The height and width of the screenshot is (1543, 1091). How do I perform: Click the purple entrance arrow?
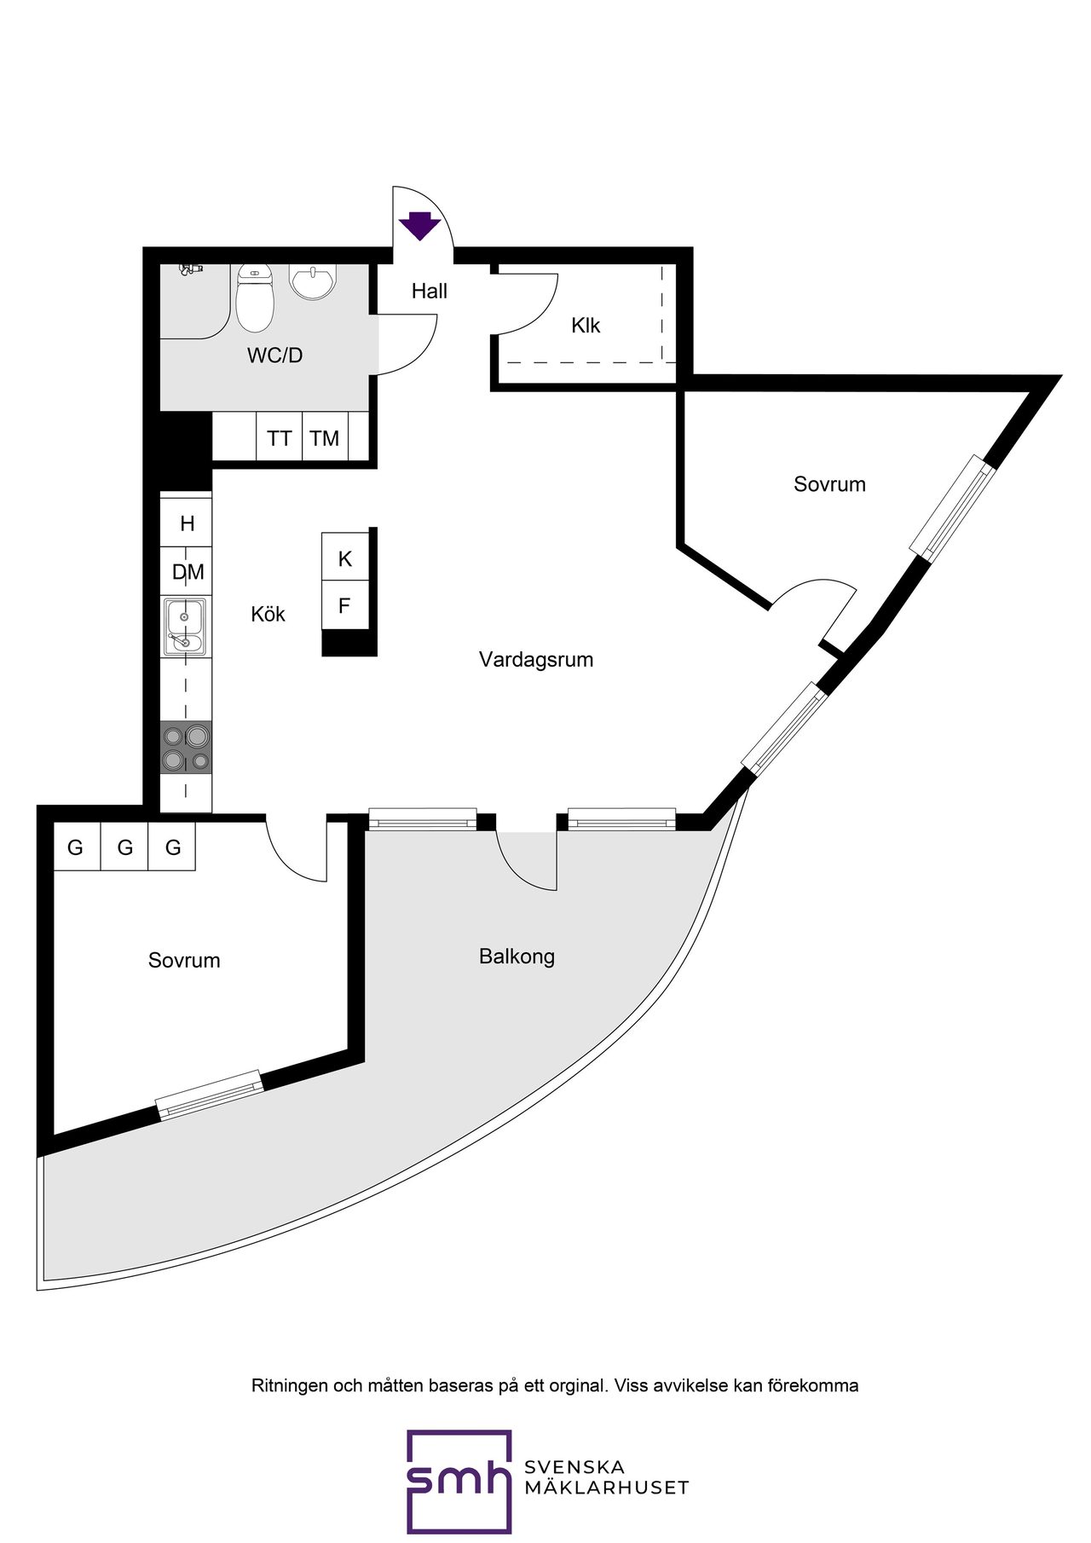click(x=419, y=225)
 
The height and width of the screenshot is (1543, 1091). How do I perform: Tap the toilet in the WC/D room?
click(x=254, y=298)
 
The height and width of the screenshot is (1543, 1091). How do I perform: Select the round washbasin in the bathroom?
click(x=313, y=281)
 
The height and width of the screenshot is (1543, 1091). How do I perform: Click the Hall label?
click(x=430, y=291)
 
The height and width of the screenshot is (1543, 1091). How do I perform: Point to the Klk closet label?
click(x=586, y=325)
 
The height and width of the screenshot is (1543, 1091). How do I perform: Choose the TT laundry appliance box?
click(x=280, y=437)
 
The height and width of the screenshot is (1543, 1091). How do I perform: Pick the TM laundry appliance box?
click(x=326, y=437)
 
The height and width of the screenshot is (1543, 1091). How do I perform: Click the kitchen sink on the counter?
click(x=186, y=627)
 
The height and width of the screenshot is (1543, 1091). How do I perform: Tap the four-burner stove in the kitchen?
click(x=186, y=748)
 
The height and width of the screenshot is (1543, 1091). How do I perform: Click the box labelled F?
click(x=345, y=605)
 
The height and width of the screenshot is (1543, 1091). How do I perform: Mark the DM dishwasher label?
click(x=188, y=572)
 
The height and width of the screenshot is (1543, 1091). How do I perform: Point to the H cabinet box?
click(x=187, y=522)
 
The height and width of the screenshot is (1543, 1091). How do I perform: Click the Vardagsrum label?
click(x=536, y=659)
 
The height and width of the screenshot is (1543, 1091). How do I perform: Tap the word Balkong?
click(x=517, y=956)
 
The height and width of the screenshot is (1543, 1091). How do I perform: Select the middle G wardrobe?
click(x=124, y=847)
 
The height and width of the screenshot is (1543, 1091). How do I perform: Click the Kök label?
click(x=268, y=614)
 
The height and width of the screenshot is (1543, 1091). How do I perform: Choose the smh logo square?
click(x=459, y=1482)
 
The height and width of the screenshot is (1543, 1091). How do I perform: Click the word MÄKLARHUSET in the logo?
click(x=606, y=1488)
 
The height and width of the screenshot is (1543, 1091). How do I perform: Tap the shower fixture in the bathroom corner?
click(x=190, y=269)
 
